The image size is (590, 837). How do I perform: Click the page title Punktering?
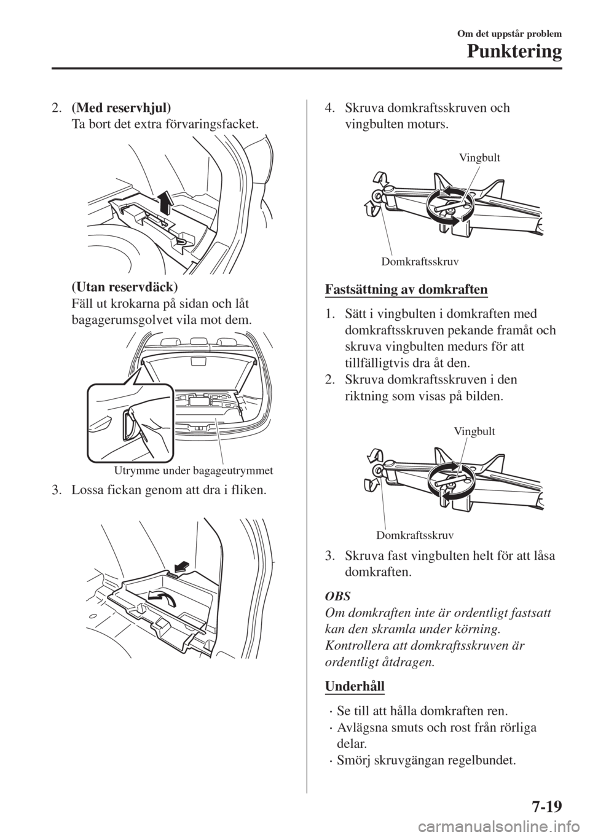click(513, 52)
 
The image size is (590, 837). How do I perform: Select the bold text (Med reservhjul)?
click(121, 108)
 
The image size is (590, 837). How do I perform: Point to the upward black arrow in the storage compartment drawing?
click(167, 202)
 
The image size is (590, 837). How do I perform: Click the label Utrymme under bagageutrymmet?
click(194, 470)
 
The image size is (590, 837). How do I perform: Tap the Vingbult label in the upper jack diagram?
click(479, 158)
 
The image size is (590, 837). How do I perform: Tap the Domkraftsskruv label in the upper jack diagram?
click(420, 262)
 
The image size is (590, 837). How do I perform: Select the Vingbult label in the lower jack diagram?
click(474, 431)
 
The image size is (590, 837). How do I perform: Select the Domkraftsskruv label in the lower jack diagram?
click(415, 536)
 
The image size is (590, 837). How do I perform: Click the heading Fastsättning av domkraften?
click(406, 290)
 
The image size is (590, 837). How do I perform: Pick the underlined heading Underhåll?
click(355, 687)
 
